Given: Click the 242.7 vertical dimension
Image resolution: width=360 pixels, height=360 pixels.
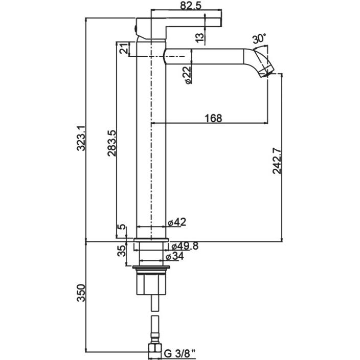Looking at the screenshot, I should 277,162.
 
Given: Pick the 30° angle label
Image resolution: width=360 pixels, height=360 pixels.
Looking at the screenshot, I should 259,39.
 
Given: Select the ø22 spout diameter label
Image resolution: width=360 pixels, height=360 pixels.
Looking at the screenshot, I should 188,74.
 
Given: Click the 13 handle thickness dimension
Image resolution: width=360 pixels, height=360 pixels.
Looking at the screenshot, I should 199,37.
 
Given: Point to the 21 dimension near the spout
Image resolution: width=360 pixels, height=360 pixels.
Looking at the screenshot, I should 123,50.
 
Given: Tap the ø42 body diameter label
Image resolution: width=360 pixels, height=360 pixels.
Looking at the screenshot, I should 177,222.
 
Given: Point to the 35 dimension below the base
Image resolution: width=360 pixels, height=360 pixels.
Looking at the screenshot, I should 121,251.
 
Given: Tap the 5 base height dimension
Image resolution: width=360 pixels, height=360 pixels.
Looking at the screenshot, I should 121,228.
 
